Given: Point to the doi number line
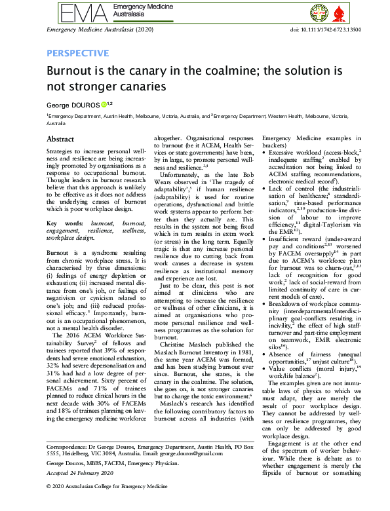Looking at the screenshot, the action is click(321, 30).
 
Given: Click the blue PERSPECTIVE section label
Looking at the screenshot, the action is click(77, 53).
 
